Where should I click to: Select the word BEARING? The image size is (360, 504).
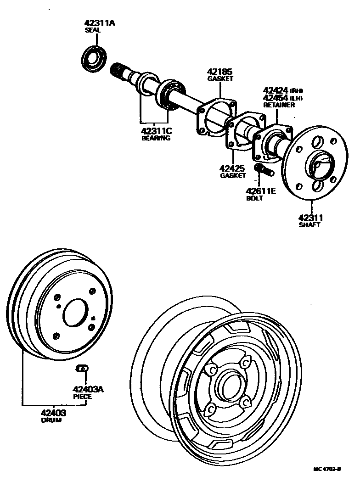pos(156,138)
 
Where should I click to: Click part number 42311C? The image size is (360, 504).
pos(157,130)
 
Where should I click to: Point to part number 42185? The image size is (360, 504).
pos(219,72)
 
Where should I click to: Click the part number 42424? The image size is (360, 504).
pos(275,90)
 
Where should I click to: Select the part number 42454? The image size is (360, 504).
pos(275,98)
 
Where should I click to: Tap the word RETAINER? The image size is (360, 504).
pos(278,105)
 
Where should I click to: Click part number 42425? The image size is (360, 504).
pos(233,168)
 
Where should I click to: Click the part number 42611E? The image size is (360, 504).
pos(260,191)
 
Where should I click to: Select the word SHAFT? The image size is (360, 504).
pos(309,225)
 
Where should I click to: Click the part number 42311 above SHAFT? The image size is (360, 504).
pos(310,218)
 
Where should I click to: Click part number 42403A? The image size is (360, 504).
pos(87,389)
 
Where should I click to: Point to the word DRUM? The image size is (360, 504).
pos(51,420)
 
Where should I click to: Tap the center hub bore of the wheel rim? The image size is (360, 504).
pos(228,384)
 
